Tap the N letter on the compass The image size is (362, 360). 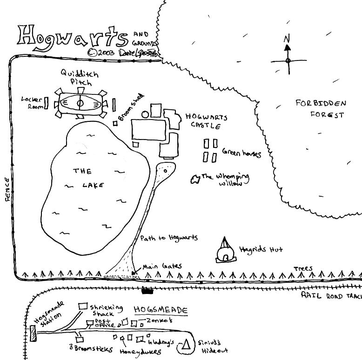click(x=287, y=39)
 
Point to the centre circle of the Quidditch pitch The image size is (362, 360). click(x=80, y=103)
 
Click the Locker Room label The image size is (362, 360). click(x=32, y=102)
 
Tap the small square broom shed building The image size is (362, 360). click(x=115, y=123)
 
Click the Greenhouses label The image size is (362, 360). click(x=241, y=153)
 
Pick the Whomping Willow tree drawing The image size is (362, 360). click(x=194, y=179)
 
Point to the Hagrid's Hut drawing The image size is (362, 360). click(x=225, y=251)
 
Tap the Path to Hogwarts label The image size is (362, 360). click(x=169, y=238)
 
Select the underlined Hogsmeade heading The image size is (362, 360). click(x=161, y=310)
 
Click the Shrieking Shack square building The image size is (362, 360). click(x=83, y=306)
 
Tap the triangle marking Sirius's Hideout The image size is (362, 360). click(x=187, y=345)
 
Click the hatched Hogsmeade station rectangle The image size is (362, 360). click(x=33, y=333)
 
